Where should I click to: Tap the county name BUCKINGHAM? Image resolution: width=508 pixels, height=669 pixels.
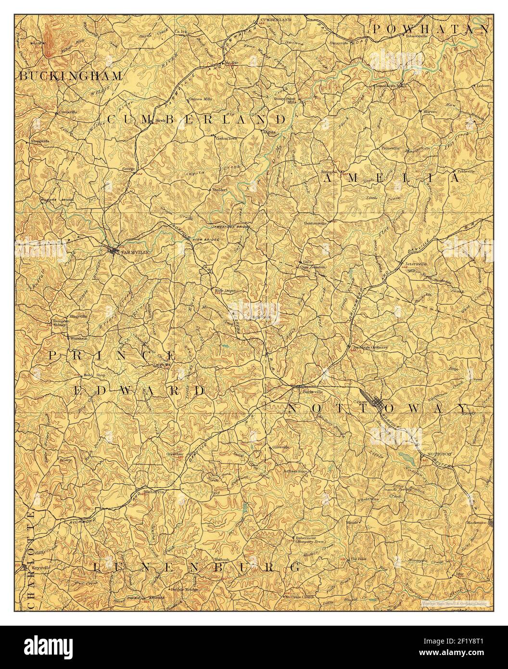71,76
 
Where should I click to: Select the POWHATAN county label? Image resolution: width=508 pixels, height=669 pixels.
431,29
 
